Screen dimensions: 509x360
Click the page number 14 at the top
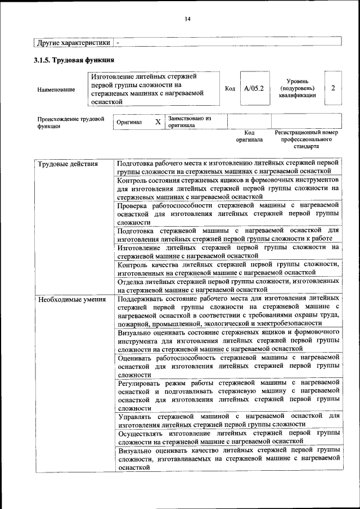click(x=188, y=19)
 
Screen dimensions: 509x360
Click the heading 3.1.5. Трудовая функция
click(x=74, y=60)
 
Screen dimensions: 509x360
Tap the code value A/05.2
click(x=254, y=88)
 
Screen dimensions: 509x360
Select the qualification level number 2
click(x=334, y=88)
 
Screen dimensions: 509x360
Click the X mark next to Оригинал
click(x=158, y=122)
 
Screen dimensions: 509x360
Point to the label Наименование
click(x=56, y=89)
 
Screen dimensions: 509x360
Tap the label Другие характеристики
click(x=73, y=42)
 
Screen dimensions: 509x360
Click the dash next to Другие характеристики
click(x=118, y=42)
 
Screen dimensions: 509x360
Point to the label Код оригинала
click(x=249, y=136)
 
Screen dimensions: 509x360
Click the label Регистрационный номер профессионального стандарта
click(x=306, y=139)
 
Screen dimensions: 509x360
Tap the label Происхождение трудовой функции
click(x=71, y=123)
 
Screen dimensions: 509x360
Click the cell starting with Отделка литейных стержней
click(x=228, y=285)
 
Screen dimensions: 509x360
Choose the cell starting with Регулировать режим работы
click(x=228, y=395)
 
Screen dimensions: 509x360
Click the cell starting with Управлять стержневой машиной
click(x=228, y=420)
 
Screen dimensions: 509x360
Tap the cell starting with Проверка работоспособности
click(x=228, y=214)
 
